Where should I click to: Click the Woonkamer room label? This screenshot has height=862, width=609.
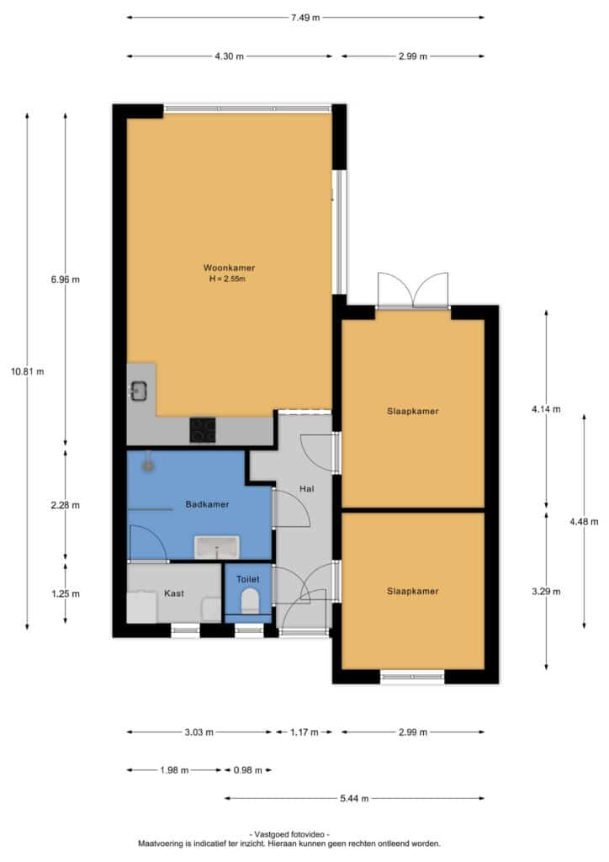coord(229,268)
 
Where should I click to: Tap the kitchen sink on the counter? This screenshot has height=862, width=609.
coord(139,391)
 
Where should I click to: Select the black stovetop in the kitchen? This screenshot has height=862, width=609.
coord(203,430)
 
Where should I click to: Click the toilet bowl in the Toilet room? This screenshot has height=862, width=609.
coord(250,600)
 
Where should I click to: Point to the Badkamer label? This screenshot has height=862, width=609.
coord(207,504)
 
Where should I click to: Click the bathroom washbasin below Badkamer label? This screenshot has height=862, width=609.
coord(217,547)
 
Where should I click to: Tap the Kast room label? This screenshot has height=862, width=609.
coord(174,593)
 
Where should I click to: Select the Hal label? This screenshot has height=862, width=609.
coord(306,488)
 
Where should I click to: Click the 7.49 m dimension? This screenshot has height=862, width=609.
coord(305,18)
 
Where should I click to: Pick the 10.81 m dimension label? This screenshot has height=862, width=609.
coord(28,371)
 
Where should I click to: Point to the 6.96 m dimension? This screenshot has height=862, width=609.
coord(66,279)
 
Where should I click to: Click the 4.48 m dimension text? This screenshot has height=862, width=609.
coord(584,522)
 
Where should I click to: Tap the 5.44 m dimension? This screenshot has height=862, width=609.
coord(354,798)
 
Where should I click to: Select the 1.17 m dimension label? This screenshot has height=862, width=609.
coord(304,732)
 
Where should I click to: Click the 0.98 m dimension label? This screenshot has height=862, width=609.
coord(247,770)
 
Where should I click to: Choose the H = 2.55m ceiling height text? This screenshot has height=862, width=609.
coord(227,279)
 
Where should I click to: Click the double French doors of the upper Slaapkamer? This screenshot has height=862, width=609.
coord(413,291)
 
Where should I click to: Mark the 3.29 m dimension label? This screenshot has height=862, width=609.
coord(546,592)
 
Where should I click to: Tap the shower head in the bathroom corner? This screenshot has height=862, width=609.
coord(148,464)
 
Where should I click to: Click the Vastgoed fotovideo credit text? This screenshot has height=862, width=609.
coord(289,834)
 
